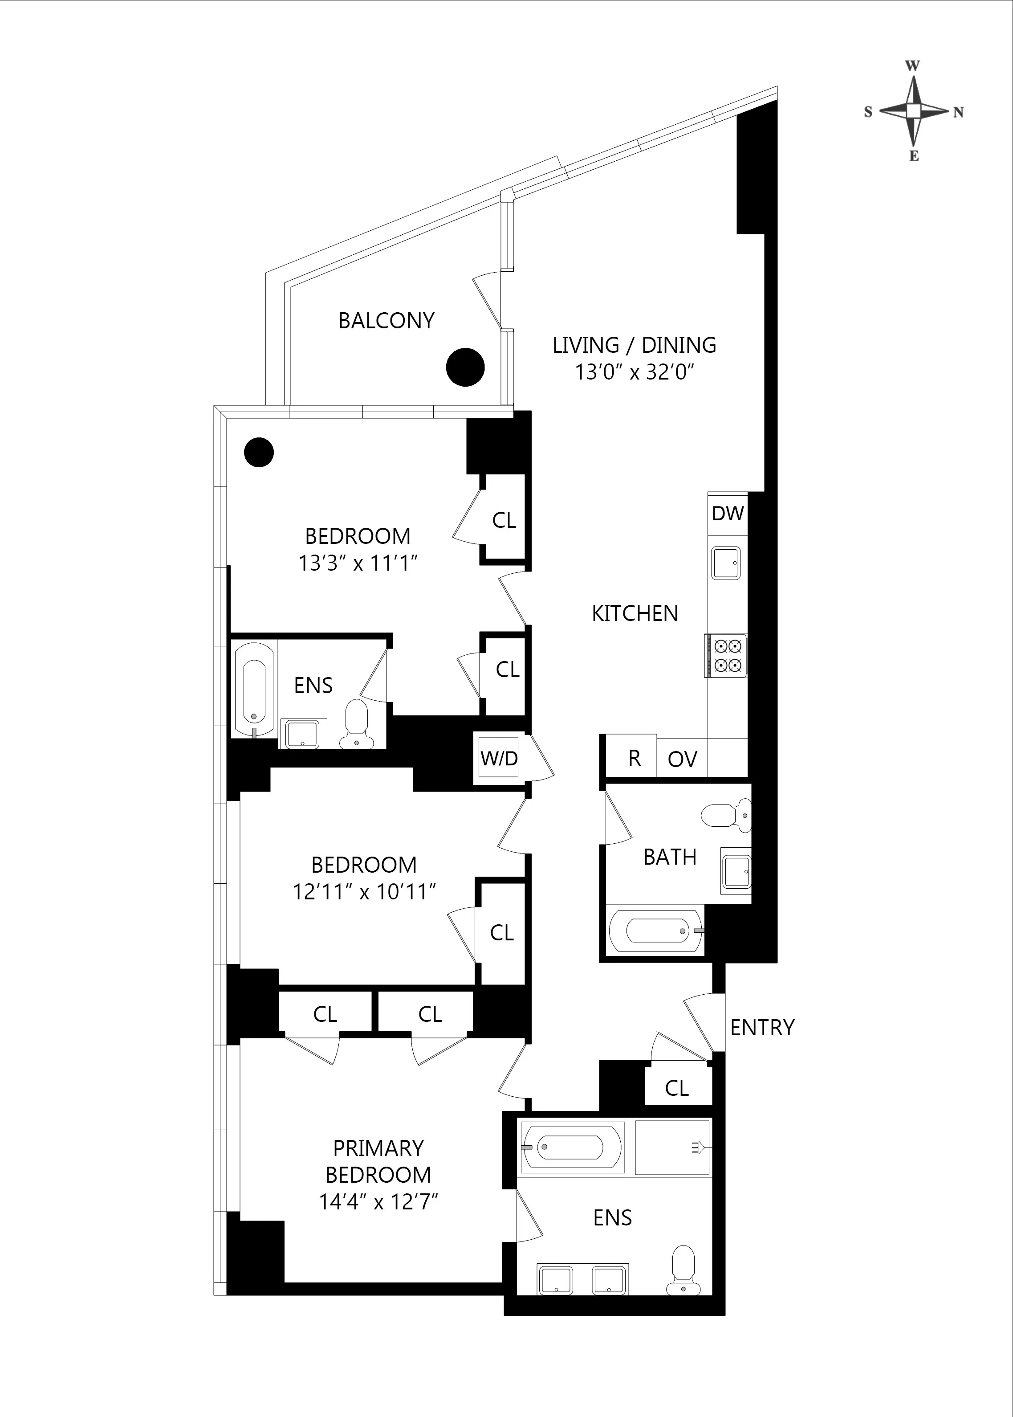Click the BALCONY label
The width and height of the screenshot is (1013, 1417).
386,321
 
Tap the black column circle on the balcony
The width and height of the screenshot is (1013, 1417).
465,367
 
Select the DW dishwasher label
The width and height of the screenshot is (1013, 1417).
727,514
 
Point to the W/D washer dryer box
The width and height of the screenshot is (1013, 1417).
498,758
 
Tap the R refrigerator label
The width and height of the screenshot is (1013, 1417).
634,758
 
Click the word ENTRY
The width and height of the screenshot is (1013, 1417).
762,1028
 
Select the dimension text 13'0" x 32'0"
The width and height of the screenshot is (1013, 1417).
635,372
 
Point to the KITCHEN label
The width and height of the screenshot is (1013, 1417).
635,613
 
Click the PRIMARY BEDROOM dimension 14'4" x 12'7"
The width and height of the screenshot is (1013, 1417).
378,1202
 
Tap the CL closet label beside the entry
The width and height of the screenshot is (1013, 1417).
677,1088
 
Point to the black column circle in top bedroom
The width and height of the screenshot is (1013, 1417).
258,452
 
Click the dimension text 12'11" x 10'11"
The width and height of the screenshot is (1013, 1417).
364,892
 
